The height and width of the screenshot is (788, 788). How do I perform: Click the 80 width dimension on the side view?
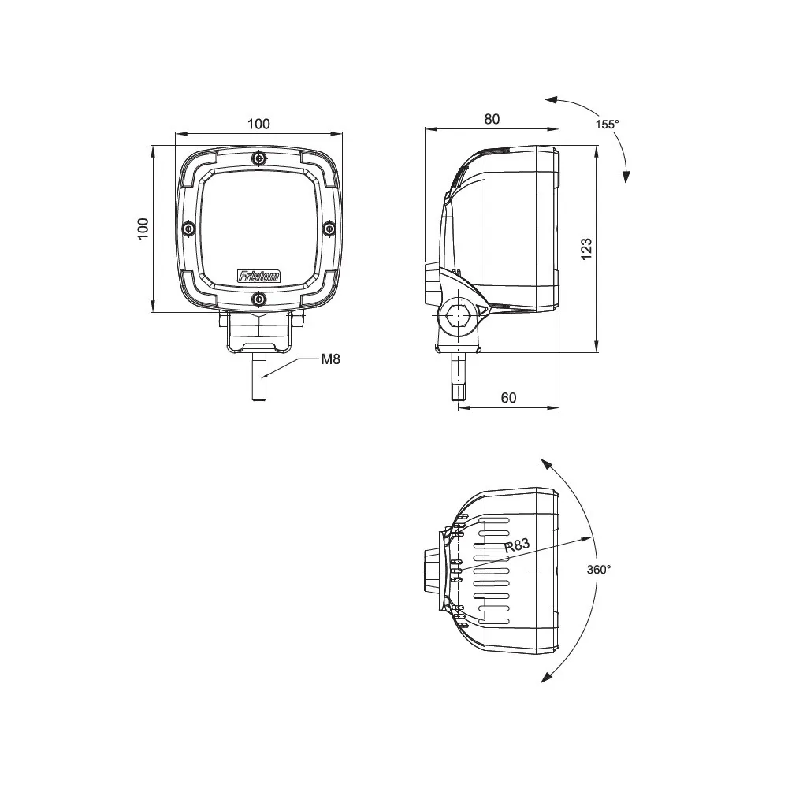492,119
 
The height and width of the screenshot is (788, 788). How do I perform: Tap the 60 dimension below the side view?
508,398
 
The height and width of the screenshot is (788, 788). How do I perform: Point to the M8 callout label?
331,359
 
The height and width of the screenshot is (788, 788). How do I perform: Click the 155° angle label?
607,125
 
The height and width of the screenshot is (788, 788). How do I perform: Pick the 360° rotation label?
599,569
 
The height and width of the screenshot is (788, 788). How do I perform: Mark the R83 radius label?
517,545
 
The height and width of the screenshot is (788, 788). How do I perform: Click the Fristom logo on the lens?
258,277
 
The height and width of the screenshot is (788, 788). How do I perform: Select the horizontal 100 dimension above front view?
258,124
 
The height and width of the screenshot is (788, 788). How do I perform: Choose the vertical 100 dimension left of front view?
143,229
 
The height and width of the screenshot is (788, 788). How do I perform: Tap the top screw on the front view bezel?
258,160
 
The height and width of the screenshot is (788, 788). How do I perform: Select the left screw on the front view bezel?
189,229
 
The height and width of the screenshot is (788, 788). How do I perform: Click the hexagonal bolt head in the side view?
458,314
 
